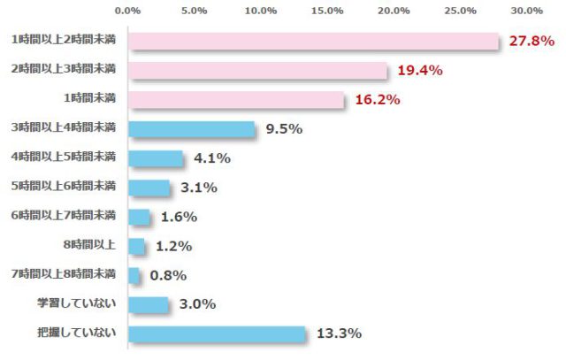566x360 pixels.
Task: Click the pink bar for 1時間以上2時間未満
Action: [x=314, y=42]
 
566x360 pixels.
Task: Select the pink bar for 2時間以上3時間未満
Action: [x=258, y=71]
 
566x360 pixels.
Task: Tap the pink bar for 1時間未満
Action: [x=236, y=100]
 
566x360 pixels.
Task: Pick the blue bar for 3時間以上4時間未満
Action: [x=191, y=129]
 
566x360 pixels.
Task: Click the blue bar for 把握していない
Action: [x=217, y=333]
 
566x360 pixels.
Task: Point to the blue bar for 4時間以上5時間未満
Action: [x=156, y=158]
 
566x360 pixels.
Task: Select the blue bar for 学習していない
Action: [x=149, y=304]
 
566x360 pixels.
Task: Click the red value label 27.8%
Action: [x=532, y=42]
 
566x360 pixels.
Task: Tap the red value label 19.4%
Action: [x=420, y=71]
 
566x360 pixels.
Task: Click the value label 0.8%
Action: [x=168, y=275]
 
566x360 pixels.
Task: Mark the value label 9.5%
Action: [x=284, y=129]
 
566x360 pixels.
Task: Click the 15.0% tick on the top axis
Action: [x=327, y=11]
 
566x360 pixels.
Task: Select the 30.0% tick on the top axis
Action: [x=526, y=11]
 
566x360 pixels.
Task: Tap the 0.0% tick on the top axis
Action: [x=128, y=11]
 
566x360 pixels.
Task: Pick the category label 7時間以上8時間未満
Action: [x=64, y=274]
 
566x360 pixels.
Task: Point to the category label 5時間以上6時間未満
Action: [x=64, y=187]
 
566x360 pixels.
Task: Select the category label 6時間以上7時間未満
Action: [x=64, y=216]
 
